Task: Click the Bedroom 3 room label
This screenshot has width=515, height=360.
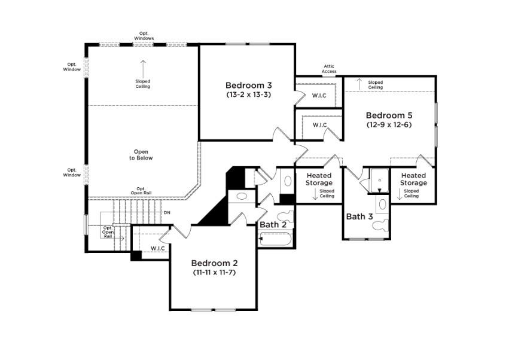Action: pyautogui.click(x=248, y=85)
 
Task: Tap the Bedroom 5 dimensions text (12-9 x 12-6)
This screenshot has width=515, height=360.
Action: pyautogui.click(x=389, y=125)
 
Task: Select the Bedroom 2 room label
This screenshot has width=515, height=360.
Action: pyautogui.click(x=214, y=263)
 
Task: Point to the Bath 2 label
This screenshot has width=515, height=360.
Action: pyautogui.click(x=273, y=225)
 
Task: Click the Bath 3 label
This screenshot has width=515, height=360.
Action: pyautogui.click(x=359, y=216)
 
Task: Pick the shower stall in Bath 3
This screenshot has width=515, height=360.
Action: pyautogui.click(x=379, y=181)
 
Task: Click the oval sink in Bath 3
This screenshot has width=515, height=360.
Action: pyautogui.click(x=381, y=203)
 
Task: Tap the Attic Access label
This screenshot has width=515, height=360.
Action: pyautogui.click(x=330, y=69)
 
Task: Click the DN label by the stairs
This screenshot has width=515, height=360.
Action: pyautogui.click(x=167, y=212)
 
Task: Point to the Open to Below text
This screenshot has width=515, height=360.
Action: pyautogui.click(x=142, y=155)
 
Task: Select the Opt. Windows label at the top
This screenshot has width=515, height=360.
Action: pyautogui.click(x=144, y=35)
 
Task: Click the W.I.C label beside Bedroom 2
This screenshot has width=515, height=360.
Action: pyautogui.click(x=157, y=248)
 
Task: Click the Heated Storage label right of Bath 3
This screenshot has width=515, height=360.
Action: pyautogui.click(x=413, y=179)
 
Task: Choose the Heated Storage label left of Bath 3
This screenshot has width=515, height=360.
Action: pyautogui.click(x=319, y=179)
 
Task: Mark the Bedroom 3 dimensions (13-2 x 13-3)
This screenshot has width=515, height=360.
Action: pyautogui.click(x=248, y=94)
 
